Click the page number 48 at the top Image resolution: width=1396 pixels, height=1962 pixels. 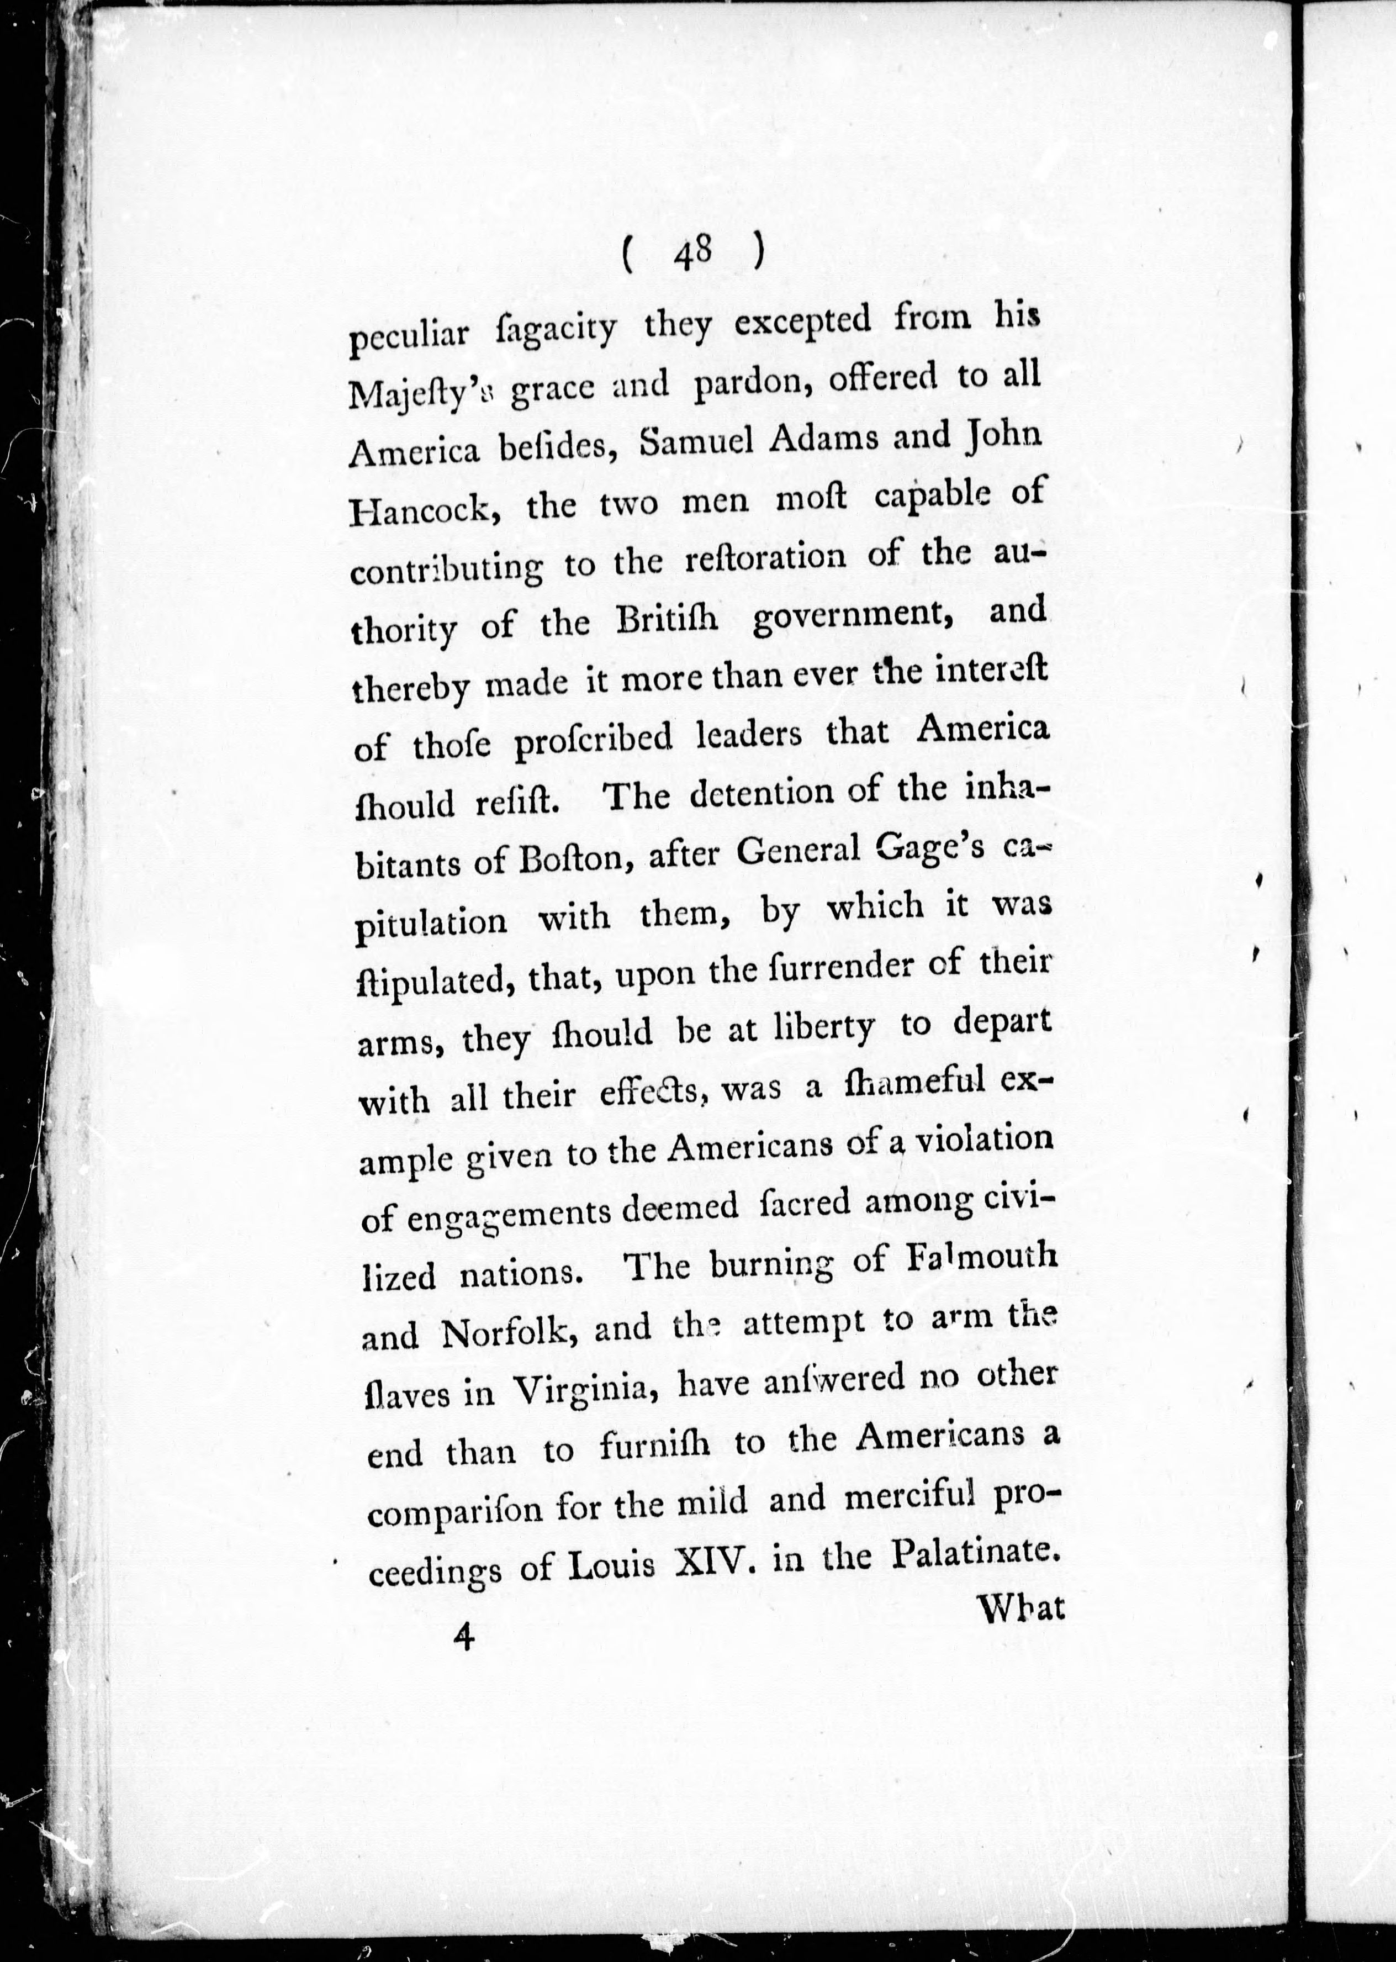pos(693,253)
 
